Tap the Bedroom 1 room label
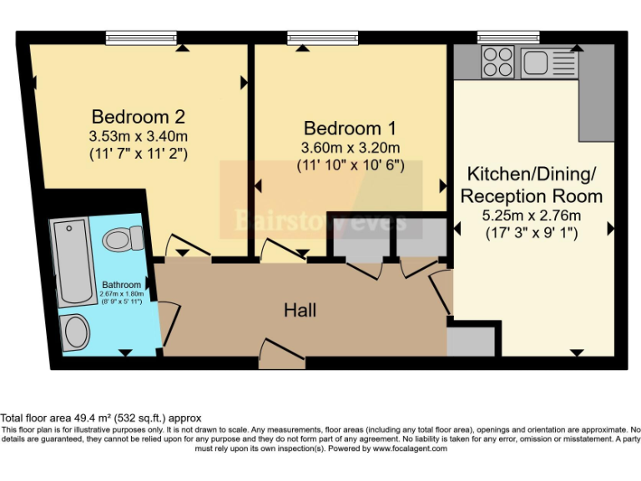pos(350,129)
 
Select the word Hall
pos(300,311)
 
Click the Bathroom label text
pos(121,285)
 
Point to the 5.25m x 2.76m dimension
pos(532,215)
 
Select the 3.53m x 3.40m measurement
pos(138,135)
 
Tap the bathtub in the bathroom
pos(70,261)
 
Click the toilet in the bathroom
pos(122,240)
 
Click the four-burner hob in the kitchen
pos(498,60)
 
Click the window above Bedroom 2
pos(141,37)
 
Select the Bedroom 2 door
pos(186,246)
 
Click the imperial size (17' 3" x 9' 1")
pos(532,234)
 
